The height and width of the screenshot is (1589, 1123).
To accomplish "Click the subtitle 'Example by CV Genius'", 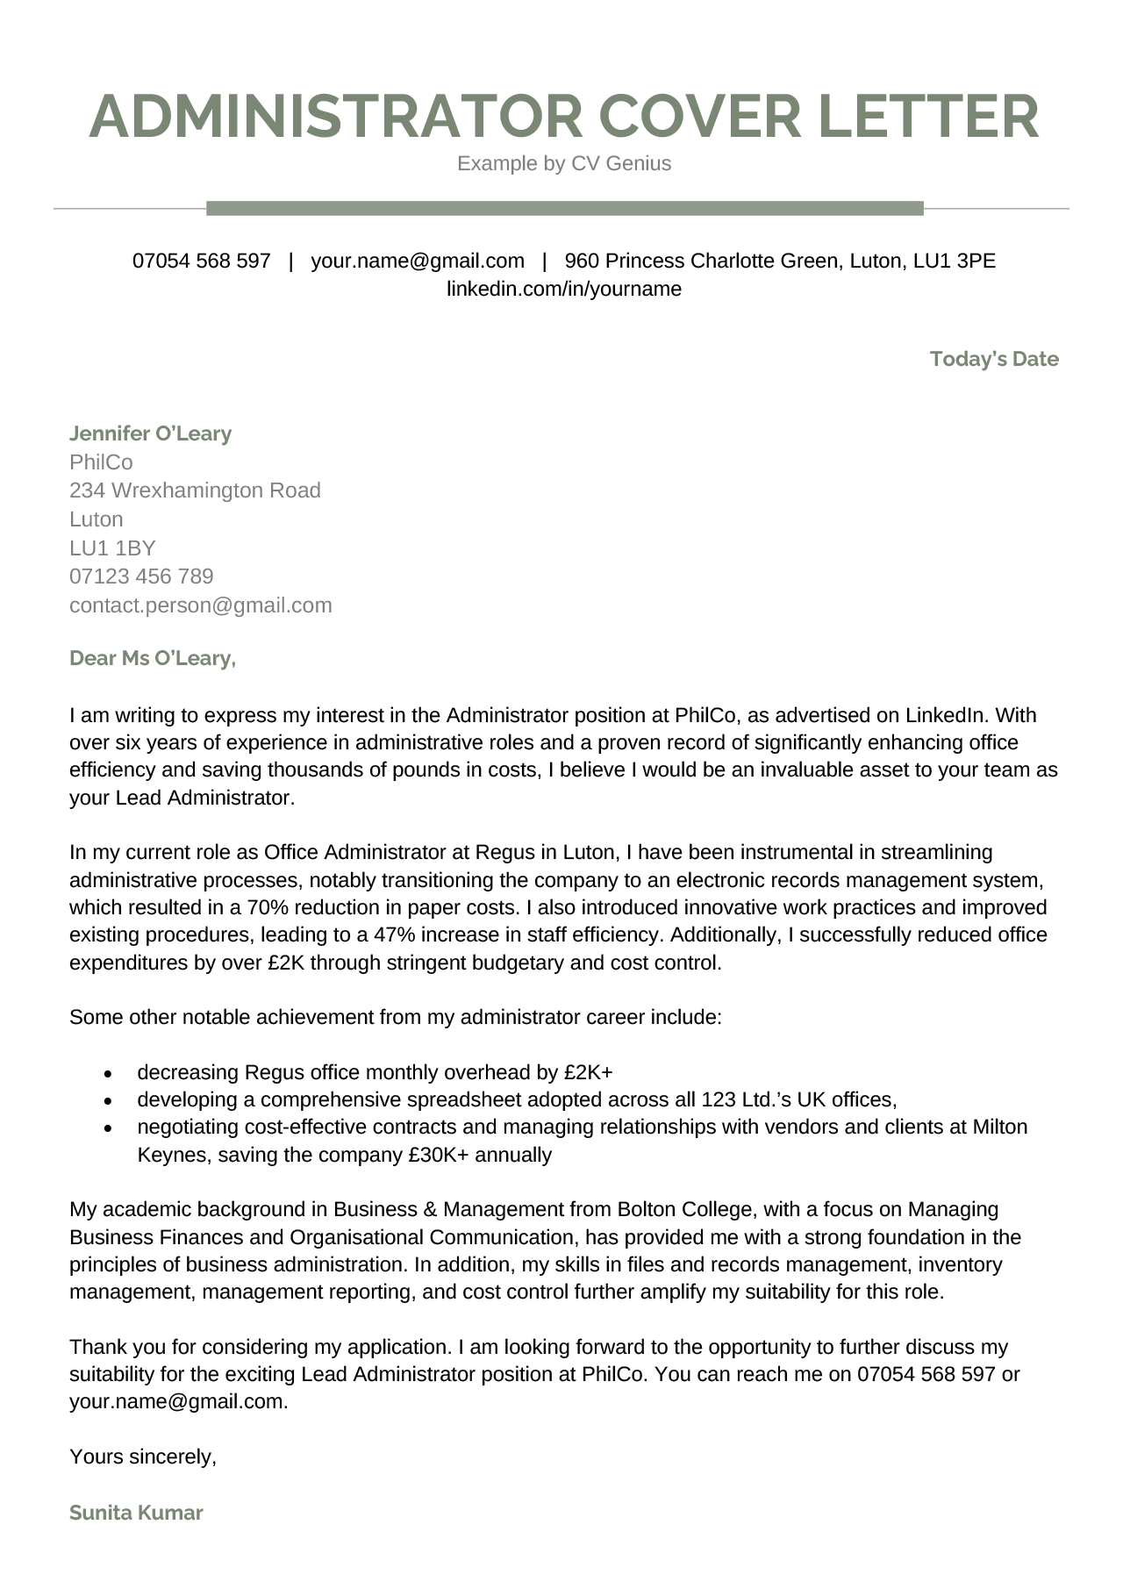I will pyautogui.click(x=563, y=163).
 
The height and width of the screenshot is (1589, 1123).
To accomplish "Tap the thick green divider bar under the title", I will pyautogui.click(x=564, y=208).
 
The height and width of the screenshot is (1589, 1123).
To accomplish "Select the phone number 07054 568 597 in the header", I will pyautogui.click(x=201, y=261).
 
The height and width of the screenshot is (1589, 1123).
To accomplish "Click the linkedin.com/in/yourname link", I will pyautogui.click(x=563, y=289).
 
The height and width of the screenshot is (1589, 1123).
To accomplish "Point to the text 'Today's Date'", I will pyautogui.click(x=994, y=359).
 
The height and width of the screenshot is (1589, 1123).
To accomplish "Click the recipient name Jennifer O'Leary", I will pyautogui.click(x=150, y=433).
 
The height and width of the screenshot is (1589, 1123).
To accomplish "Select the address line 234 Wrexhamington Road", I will pyautogui.click(x=195, y=490).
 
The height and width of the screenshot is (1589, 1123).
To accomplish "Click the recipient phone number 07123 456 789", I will pyautogui.click(x=141, y=576).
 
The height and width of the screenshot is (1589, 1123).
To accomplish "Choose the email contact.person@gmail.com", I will pyautogui.click(x=200, y=605).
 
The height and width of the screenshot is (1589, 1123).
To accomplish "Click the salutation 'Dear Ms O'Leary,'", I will pyautogui.click(x=152, y=658).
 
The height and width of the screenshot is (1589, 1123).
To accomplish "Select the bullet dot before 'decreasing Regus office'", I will pyautogui.click(x=108, y=1073).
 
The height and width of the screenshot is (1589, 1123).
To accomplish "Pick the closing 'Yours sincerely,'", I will pyautogui.click(x=142, y=1457).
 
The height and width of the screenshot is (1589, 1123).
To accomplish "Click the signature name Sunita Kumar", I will pyautogui.click(x=136, y=1513).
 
